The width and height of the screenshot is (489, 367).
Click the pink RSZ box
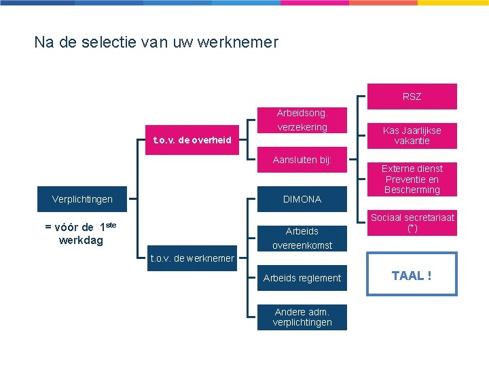[x=412, y=97]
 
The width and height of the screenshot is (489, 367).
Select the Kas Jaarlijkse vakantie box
[x=412, y=136]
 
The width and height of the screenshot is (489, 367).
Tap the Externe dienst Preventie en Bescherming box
[x=412, y=179]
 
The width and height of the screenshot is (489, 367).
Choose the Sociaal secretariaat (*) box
[x=412, y=223]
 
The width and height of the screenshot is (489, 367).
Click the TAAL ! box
[x=412, y=275]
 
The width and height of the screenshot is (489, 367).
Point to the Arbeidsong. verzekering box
[x=302, y=120]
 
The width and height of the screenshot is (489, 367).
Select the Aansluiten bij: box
[x=302, y=160]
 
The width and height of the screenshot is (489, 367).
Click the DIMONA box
[x=302, y=199]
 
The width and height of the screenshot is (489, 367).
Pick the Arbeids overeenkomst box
[x=302, y=238]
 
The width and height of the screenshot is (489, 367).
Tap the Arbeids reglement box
[x=302, y=278]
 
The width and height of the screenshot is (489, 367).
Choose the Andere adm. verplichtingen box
[x=302, y=317]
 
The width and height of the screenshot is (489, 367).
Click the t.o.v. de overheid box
[x=192, y=140]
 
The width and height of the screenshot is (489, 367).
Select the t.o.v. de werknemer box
[x=192, y=258]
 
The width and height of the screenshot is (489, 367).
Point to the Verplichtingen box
[x=82, y=199]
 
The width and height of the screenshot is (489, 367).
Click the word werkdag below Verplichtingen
[x=81, y=240]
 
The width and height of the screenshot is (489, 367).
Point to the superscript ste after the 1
[x=111, y=224]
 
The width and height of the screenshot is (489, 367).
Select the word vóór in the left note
[x=67, y=227]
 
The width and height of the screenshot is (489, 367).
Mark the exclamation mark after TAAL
[x=429, y=275]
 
